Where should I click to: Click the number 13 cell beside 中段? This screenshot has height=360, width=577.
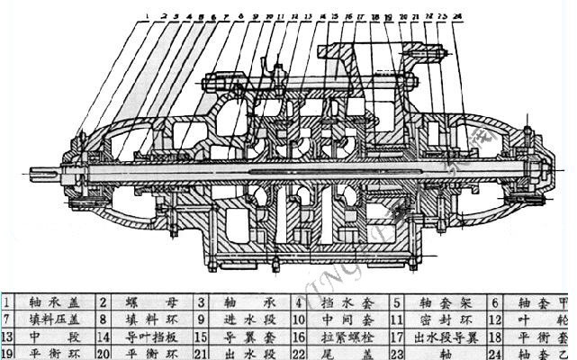(10, 336)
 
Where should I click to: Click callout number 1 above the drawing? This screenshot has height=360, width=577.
(146, 14)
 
